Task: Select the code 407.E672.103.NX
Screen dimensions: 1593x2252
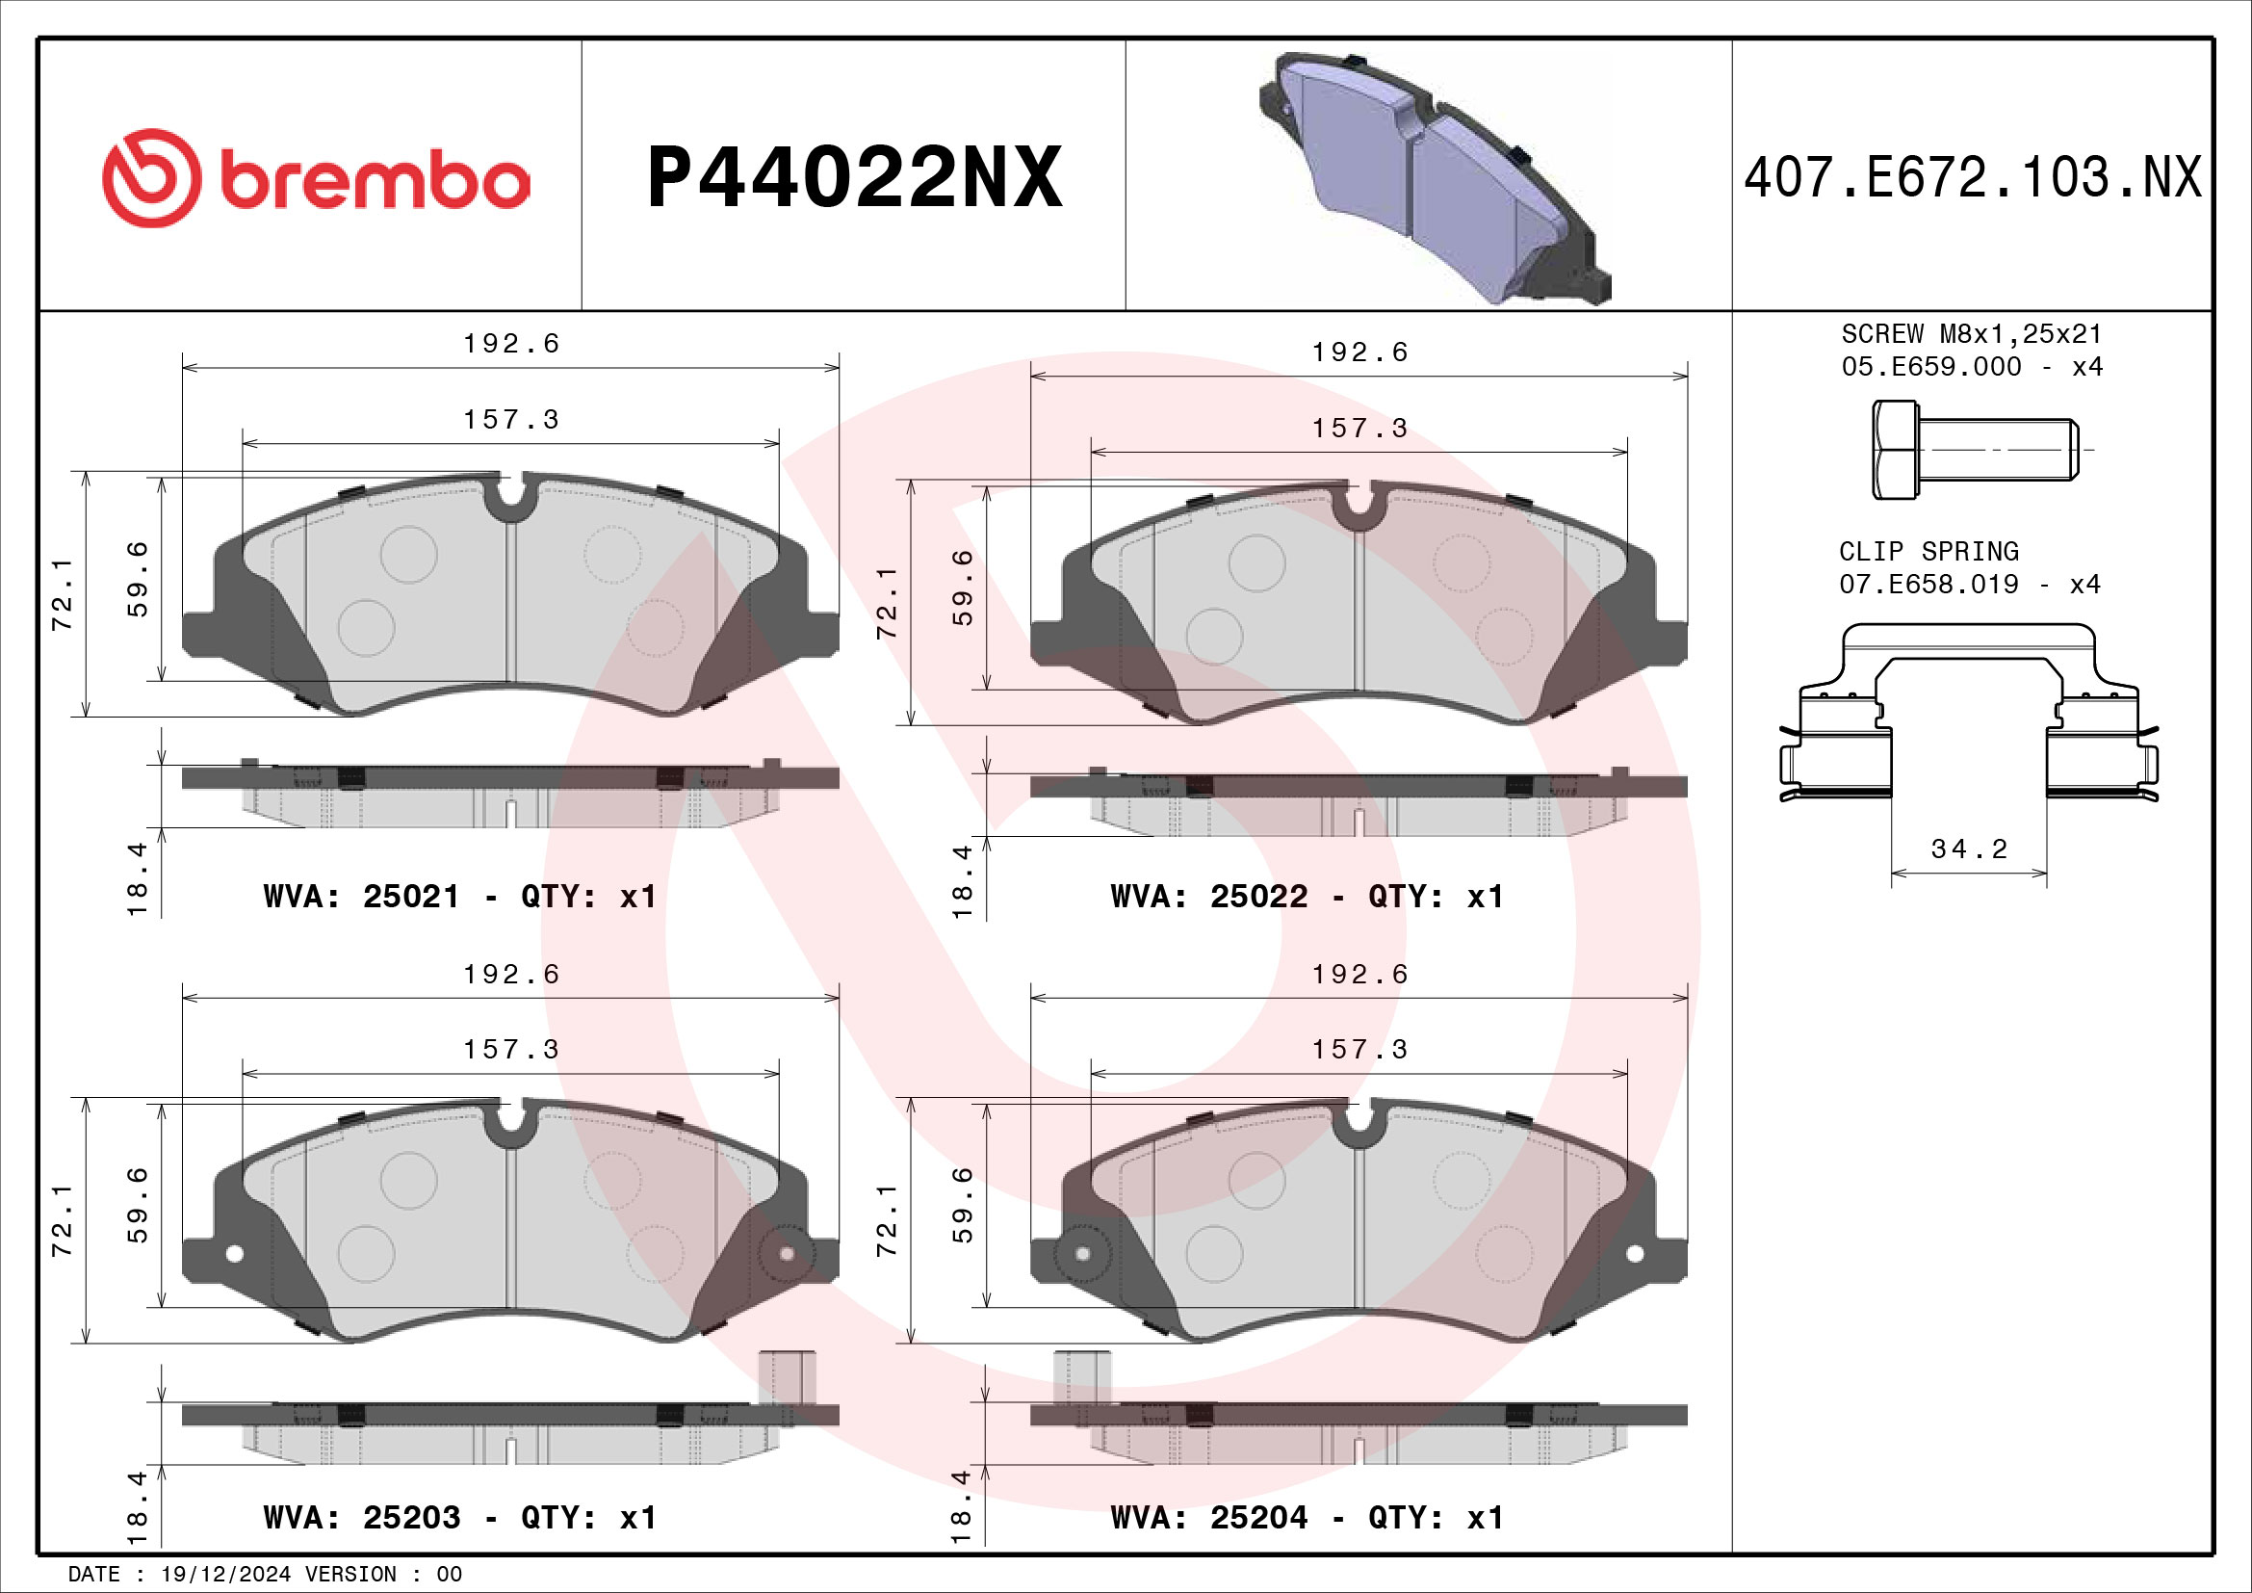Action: pos(1973,177)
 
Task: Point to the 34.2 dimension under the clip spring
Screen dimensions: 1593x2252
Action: pos(1969,849)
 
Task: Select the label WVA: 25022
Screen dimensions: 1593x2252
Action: pos(1208,897)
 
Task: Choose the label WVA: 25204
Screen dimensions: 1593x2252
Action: pos(1208,1518)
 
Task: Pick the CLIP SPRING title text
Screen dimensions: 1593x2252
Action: pos(1928,551)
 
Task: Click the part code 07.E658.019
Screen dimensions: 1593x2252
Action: pos(1928,585)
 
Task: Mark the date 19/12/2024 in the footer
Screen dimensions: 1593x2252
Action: pos(225,1575)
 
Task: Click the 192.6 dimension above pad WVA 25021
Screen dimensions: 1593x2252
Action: pos(511,343)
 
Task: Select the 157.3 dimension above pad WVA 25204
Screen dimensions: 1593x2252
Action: pos(1359,1050)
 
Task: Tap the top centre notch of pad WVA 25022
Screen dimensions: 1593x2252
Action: pos(1359,501)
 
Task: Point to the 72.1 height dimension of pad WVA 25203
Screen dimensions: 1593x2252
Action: pos(63,1220)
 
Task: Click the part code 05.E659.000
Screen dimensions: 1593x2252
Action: pos(1931,367)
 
